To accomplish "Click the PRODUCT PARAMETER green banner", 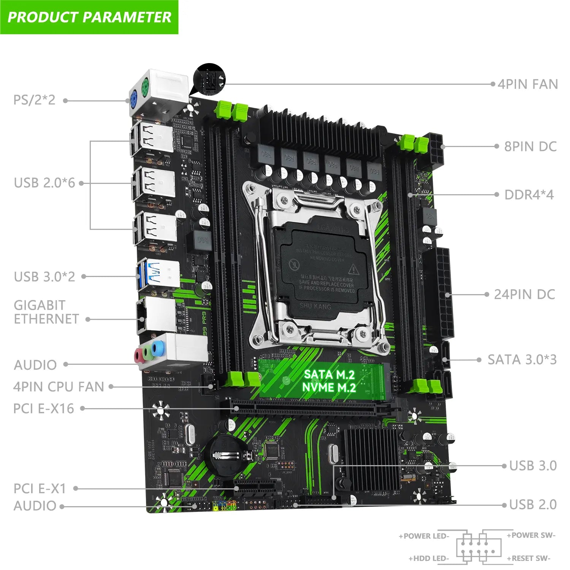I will (x=89, y=17).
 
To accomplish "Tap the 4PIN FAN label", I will (x=528, y=84).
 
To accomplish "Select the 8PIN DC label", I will (x=530, y=146).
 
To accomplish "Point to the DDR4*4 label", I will (x=529, y=195).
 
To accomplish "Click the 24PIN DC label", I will (x=524, y=294).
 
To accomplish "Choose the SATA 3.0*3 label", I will (x=522, y=359).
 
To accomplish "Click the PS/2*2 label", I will (x=34, y=100).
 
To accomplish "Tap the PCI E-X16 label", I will (x=44, y=408).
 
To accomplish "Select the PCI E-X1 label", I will (x=40, y=488).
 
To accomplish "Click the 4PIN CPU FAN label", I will (x=59, y=387).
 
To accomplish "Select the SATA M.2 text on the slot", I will (x=329, y=375).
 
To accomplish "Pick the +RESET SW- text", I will (x=528, y=558).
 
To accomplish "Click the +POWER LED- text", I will (x=424, y=536).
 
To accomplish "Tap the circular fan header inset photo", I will (x=209, y=79).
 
